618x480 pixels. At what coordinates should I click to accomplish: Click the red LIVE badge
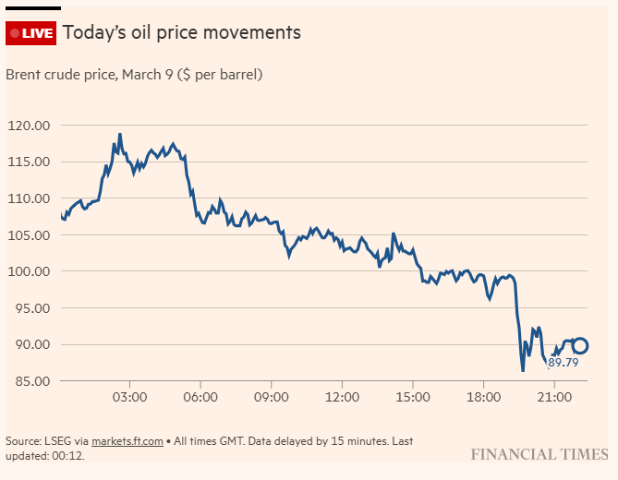(31, 33)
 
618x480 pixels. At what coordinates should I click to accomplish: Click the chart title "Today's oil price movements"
(182, 32)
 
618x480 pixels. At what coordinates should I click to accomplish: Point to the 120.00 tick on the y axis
(30, 126)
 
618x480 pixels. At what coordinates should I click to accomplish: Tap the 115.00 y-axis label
(30, 162)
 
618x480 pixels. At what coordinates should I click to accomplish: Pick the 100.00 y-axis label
(30, 271)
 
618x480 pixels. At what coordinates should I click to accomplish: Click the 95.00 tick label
(33, 308)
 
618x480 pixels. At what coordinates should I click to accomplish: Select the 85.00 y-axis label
(33, 381)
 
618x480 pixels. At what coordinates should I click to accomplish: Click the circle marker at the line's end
(580, 346)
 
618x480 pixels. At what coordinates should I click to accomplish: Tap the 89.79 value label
(563, 363)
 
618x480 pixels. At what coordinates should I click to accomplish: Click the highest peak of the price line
(119, 134)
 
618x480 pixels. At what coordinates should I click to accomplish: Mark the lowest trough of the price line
(523, 371)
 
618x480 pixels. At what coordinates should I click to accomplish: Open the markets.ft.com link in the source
(127, 441)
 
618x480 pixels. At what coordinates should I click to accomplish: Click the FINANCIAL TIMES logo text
(539, 454)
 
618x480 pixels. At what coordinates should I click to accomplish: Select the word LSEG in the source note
(60, 441)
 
